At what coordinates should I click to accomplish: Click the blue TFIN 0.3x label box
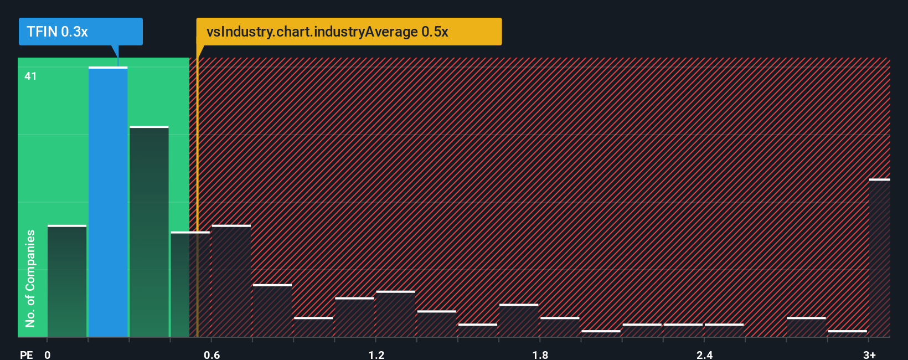(80, 32)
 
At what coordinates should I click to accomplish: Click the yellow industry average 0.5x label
(349, 32)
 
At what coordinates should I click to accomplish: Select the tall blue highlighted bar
(108, 202)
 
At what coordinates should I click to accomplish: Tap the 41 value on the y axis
(30, 76)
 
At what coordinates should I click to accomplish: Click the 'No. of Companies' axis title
(30, 278)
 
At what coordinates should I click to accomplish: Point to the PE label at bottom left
(26, 354)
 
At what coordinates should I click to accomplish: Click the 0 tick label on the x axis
(48, 354)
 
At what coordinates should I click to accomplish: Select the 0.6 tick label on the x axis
(211, 354)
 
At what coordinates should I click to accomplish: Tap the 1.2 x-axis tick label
(376, 354)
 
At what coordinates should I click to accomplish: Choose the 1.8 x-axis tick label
(540, 354)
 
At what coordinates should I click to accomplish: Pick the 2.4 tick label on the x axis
(704, 354)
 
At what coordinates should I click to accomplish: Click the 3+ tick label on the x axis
(869, 354)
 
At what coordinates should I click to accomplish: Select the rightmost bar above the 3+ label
(880, 258)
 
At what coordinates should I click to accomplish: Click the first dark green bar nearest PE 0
(67, 281)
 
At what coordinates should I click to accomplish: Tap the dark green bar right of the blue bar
(149, 232)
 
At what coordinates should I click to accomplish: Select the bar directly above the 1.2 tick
(395, 314)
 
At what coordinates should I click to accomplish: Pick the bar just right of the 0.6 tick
(231, 281)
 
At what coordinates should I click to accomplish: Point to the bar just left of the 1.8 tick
(519, 321)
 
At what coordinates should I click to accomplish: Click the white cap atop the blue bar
(108, 68)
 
